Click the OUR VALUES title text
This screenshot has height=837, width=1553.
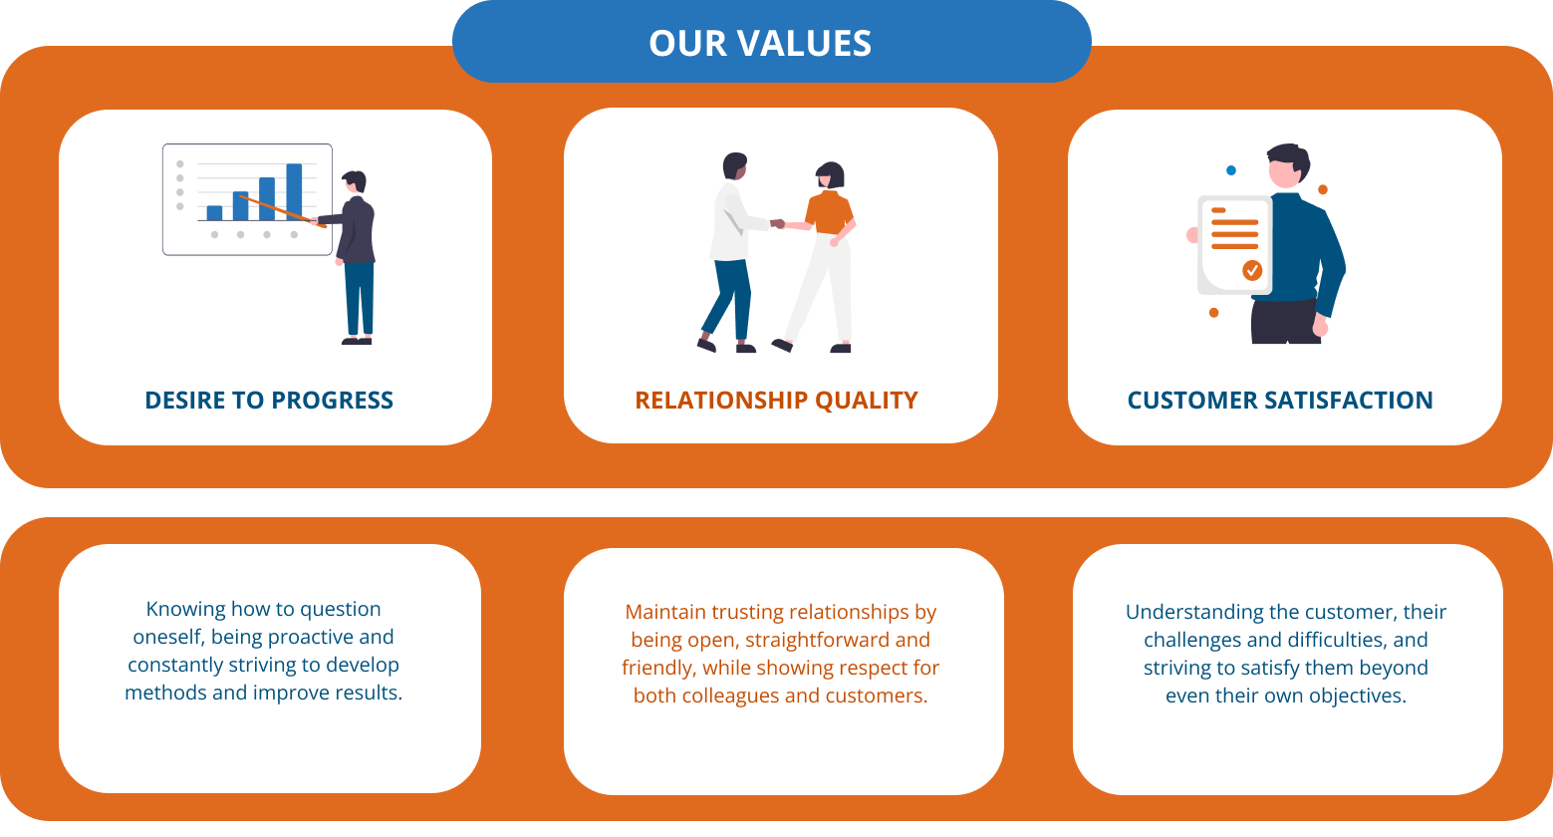pyautogui.click(x=760, y=43)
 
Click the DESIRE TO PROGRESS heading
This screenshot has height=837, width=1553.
pyautogui.click(x=269, y=401)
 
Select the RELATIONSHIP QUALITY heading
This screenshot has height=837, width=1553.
pyautogui.click(x=777, y=401)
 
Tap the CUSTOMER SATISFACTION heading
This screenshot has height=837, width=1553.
pyautogui.click(x=1280, y=401)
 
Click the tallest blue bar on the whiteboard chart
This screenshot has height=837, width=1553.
pyautogui.click(x=294, y=192)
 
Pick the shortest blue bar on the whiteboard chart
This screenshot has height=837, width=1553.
pyautogui.click(x=215, y=213)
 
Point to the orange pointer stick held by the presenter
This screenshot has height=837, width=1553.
pyautogui.click(x=283, y=211)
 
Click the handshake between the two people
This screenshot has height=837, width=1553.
pyautogui.click(x=778, y=223)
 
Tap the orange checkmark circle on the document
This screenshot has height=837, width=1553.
pyautogui.click(x=1252, y=270)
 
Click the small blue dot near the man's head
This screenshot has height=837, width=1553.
pyautogui.click(x=1231, y=170)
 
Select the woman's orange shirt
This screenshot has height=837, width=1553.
pyautogui.click(x=829, y=212)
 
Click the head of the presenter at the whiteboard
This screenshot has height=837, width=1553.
pyautogui.click(x=355, y=181)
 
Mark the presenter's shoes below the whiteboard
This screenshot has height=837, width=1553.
pyautogui.click(x=357, y=341)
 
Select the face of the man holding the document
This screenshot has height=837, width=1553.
pyautogui.click(x=1284, y=173)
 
